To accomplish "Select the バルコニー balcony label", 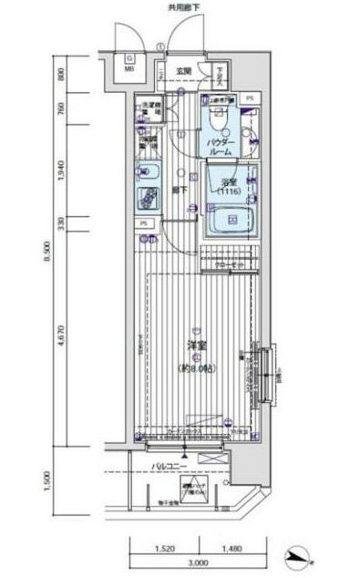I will tap(170, 467).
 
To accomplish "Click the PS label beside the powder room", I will tap(251, 98).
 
